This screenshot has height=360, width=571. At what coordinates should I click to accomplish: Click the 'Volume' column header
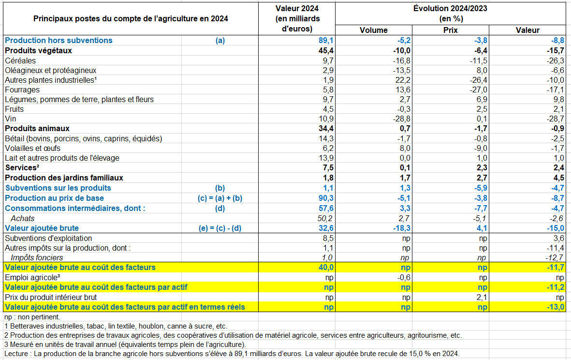coord(373,30)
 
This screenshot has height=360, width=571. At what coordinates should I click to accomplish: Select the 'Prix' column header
coord(450,30)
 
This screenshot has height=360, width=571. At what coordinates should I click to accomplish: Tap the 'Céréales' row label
coord(20,60)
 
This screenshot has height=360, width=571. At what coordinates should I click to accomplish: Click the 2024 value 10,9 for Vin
coord(325,119)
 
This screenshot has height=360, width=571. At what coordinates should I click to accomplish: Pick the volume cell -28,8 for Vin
coord(401,119)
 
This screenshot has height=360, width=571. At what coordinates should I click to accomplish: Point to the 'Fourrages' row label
coord(22,90)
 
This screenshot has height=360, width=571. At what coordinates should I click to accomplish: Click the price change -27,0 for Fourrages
coord(478,90)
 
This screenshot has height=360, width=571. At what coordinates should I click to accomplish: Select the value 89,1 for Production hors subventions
coord(325,41)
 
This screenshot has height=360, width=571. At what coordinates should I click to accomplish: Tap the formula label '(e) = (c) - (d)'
coord(220,228)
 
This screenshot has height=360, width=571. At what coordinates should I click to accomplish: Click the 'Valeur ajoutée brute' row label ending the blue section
coord(42,228)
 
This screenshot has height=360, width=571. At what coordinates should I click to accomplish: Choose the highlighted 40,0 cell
coord(325,268)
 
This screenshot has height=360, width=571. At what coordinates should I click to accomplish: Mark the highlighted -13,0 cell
coord(556,307)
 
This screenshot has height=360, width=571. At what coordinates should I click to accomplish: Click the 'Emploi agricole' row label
coord(32,277)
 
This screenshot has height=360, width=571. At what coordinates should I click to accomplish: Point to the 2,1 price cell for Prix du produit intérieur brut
coord(482,297)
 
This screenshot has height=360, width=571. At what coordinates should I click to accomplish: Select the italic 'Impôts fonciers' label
coord(37,257)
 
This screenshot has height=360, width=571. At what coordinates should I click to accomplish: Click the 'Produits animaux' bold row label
coord(37,129)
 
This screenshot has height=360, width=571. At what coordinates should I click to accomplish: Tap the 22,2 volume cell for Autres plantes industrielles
coord(402,80)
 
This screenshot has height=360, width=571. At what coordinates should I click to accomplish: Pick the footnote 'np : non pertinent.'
coord(32,317)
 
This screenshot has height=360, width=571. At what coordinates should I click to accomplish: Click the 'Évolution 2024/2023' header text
coord(450,8)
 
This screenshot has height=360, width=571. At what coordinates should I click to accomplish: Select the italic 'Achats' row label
coord(23,218)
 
